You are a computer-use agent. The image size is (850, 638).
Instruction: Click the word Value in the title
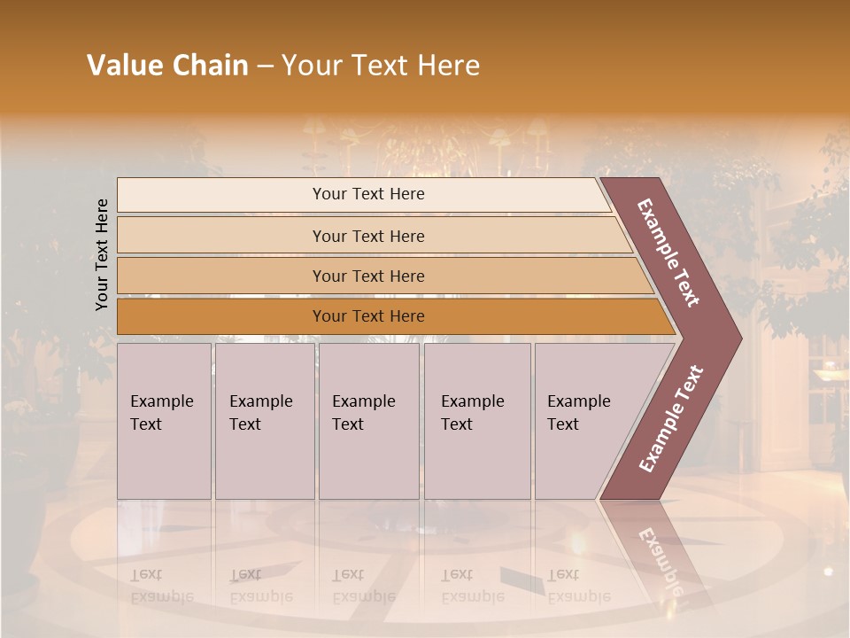(123, 66)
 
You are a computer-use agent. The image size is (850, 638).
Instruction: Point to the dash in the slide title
(265, 66)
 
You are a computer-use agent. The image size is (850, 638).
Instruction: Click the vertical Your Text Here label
(102, 254)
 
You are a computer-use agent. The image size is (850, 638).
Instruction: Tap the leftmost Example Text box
(164, 422)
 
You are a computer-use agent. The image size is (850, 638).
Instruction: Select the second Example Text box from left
(264, 422)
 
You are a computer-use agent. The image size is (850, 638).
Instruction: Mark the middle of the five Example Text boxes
(368, 422)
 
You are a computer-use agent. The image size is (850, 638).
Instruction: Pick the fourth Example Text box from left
(476, 422)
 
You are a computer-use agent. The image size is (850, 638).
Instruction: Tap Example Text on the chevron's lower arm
(671, 418)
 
